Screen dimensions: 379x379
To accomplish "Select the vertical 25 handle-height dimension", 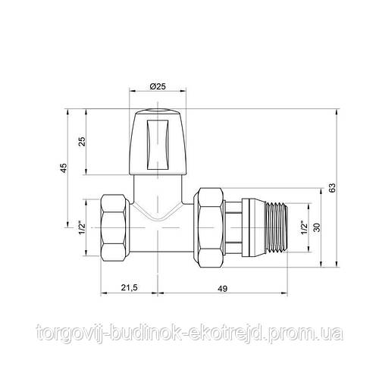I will (x=80, y=141).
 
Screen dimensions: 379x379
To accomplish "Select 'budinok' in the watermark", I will (x=140, y=332).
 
